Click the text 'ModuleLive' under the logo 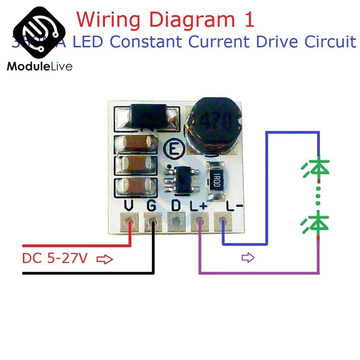point(40,67)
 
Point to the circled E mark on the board point(175,148)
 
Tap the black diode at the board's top point(147,115)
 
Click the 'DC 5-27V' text point(55,258)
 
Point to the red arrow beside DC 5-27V point(105,259)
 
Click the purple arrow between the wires point(248,258)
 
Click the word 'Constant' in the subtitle point(146,42)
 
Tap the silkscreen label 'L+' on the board point(198,206)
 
